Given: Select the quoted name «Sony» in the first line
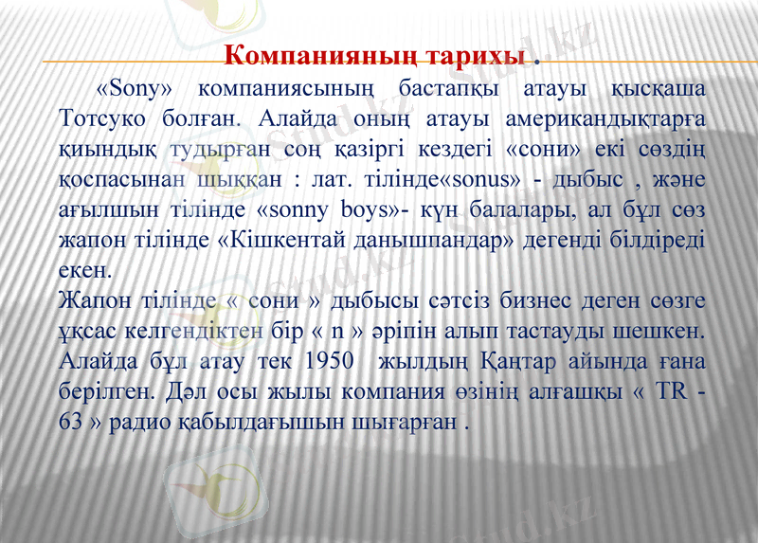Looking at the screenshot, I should pos(135,91).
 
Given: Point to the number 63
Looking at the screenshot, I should pos(70,422).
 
